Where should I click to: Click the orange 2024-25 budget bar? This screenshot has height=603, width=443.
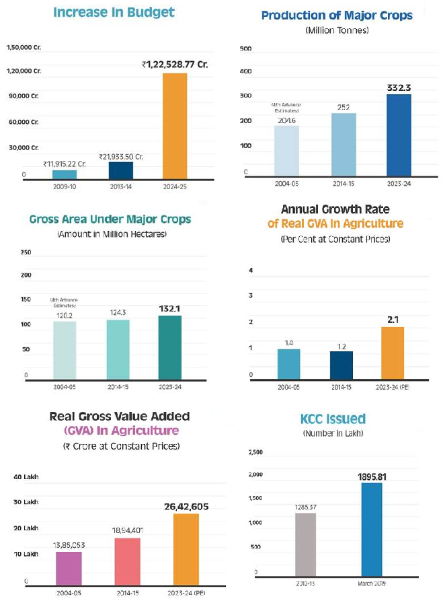click(175, 126)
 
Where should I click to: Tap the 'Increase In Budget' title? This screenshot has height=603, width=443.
click(114, 13)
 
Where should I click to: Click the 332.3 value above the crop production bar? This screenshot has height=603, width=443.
click(398, 87)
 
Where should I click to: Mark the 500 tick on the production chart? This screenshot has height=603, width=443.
click(245, 48)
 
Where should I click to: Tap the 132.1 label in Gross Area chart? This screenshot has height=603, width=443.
click(170, 308)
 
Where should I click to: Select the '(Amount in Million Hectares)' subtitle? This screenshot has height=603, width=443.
click(110, 234)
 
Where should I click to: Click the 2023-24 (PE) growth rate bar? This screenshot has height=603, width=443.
click(393, 353)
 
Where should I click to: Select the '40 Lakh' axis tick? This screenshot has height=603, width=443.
click(27, 477)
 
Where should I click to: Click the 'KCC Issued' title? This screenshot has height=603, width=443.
click(333, 420)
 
